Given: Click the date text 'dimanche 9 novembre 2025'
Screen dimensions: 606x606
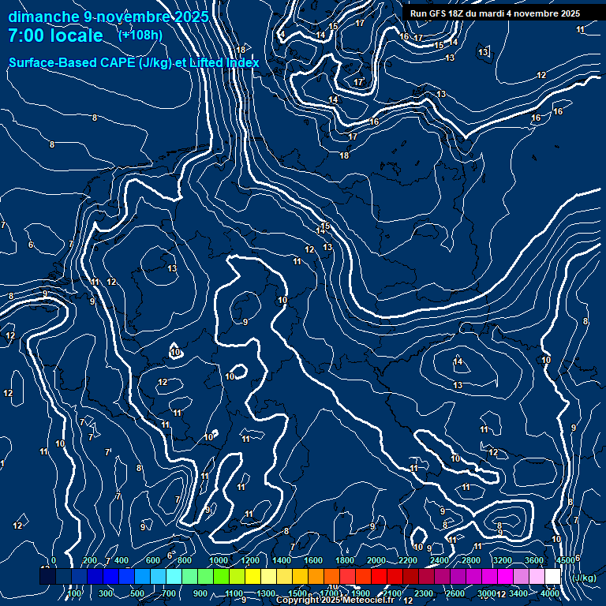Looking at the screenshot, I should [108, 17].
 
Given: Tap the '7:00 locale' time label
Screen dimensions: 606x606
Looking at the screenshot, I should [55, 36].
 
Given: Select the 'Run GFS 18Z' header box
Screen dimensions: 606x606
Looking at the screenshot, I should [495, 13].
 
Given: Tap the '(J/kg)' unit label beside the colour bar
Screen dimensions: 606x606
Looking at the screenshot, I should [585, 578].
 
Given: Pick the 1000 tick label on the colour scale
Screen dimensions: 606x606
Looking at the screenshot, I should [219, 560].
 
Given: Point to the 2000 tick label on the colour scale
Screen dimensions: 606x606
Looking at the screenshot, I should [376, 560].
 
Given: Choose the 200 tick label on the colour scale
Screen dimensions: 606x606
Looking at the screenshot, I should [89, 560].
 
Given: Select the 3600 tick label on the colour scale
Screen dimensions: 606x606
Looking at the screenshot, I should [534, 560].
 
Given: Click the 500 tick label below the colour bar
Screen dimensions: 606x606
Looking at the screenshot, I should [137, 593].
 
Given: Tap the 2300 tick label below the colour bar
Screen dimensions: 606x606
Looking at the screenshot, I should [423, 593].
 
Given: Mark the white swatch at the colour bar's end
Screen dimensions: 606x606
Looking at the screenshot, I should [552, 577].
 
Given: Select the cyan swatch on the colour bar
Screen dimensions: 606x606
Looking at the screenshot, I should [174, 577].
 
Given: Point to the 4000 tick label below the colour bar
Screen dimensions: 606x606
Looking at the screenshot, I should [550, 593].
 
